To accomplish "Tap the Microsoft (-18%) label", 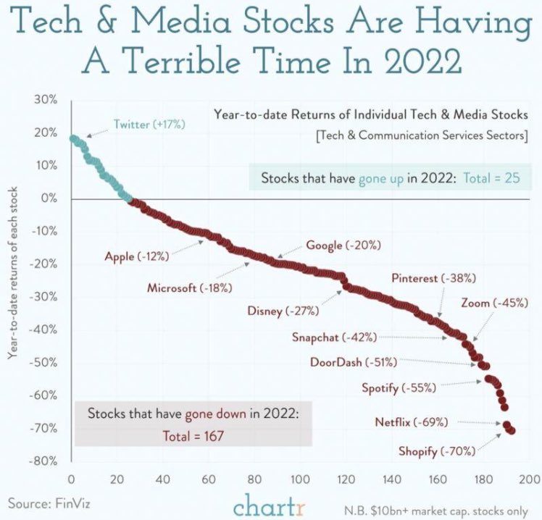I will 189,288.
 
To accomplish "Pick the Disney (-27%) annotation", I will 283,311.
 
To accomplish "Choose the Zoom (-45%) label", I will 493,303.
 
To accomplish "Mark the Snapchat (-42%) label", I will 334,337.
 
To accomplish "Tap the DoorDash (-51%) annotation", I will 353,362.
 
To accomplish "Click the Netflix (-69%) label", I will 411,422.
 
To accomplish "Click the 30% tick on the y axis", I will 49,99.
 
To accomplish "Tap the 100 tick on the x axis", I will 300,479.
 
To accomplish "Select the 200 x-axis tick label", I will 529,479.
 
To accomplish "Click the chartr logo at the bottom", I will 270,501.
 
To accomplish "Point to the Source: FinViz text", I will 43,502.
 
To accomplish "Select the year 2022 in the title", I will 423,59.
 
